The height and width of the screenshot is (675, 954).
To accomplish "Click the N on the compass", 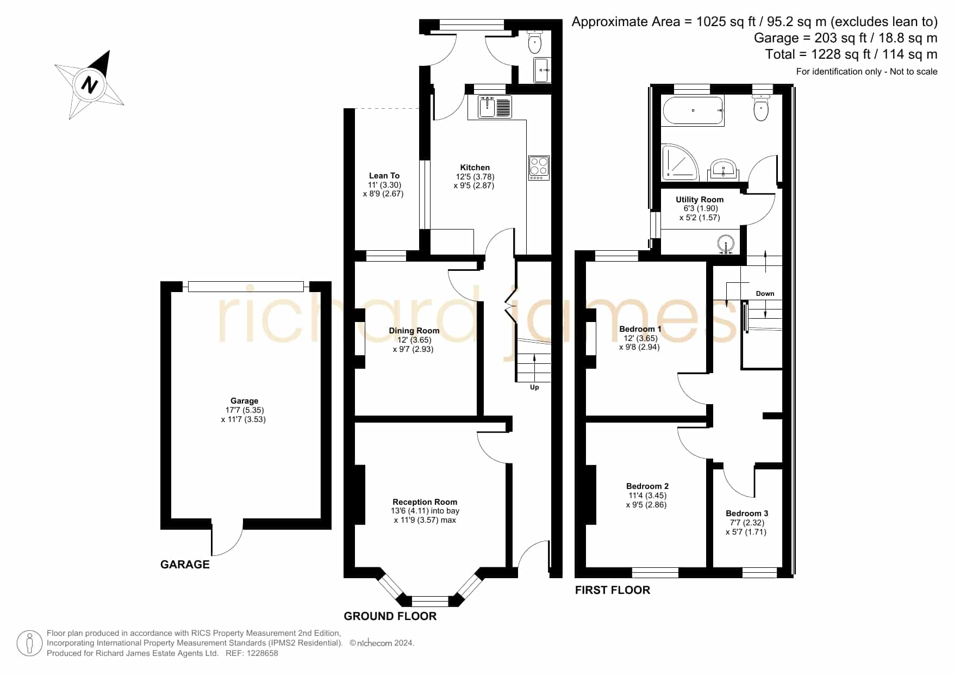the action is (89, 85).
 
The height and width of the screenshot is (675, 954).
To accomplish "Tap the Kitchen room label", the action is (475, 168).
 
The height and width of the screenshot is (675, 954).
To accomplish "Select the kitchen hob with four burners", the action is (539, 168).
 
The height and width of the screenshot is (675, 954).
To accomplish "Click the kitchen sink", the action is (495, 107).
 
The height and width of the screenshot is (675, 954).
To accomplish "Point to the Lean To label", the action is (384, 176).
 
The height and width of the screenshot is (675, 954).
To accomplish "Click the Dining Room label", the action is (414, 331).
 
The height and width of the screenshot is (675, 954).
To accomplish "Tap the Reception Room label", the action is (425, 502).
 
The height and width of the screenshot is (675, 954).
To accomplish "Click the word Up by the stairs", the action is (534, 387).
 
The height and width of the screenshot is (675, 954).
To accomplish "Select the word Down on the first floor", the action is (765, 294).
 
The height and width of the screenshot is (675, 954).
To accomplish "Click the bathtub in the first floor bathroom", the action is (693, 111).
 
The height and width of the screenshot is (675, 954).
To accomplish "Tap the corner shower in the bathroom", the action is (679, 162).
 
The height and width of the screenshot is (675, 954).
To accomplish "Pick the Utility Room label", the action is (699, 200).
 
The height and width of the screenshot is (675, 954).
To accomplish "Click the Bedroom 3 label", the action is (746, 513).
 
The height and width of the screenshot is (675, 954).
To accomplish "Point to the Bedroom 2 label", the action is (647, 486).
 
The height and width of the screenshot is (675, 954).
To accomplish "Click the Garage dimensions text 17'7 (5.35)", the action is (245, 410).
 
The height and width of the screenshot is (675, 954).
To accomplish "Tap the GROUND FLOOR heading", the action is (390, 616).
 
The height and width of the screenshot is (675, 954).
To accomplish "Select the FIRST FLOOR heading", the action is (612, 590).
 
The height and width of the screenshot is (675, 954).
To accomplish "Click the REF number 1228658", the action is (263, 653).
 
